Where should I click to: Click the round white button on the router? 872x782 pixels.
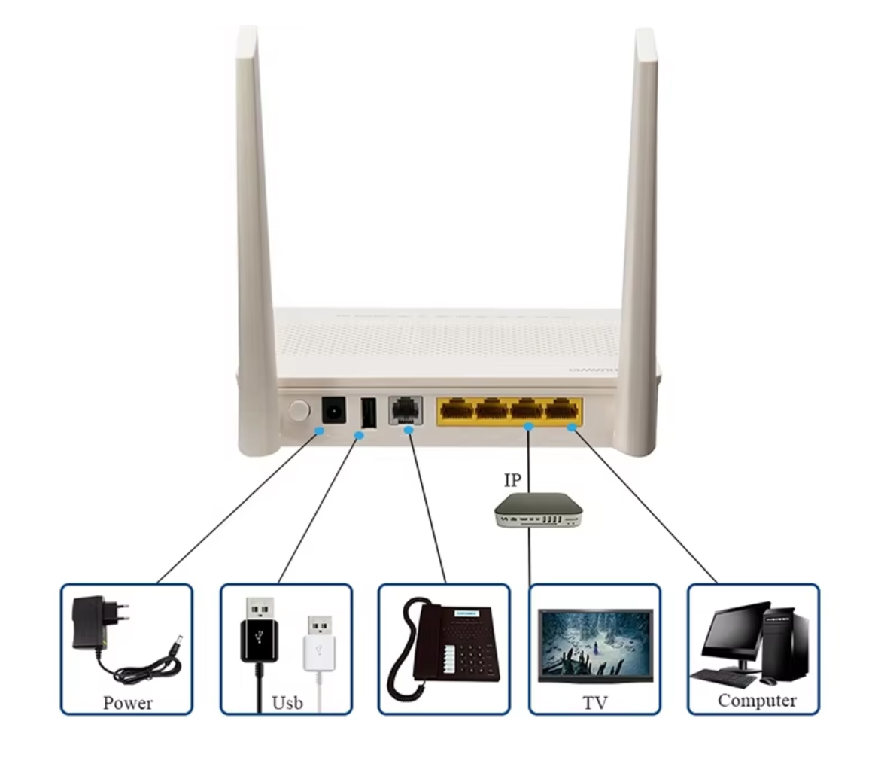(299, 410)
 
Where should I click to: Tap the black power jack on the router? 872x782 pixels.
(333, 410)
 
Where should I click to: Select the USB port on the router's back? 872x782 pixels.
(368, 411)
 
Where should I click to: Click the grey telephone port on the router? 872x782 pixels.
(406, 410)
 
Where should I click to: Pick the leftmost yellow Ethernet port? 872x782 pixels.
(457, 409)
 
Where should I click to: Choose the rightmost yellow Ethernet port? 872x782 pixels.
(561, 409)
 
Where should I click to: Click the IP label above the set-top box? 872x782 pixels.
(512, 479)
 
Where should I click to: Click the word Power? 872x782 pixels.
(127, 702)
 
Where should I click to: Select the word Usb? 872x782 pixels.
(287, 702)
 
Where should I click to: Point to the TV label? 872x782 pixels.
(594, 703)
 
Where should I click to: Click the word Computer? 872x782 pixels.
(756, 700)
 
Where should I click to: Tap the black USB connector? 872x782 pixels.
(260, 632)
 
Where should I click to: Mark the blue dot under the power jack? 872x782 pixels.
(319, 431)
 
